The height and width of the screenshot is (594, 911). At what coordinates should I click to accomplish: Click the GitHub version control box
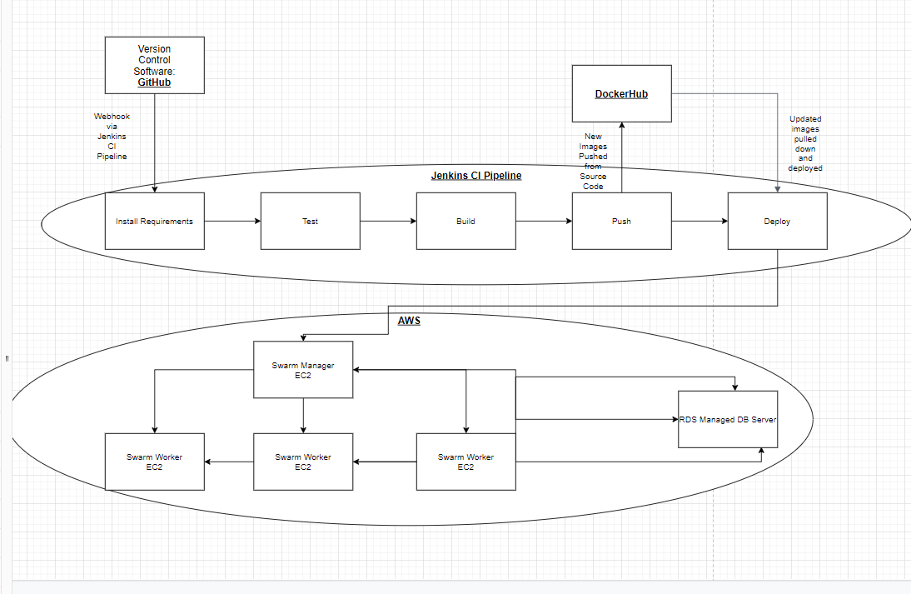point(154,65)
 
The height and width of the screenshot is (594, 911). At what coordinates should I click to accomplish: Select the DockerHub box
point(621,93)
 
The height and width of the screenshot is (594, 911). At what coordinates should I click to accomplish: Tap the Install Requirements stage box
point(154,221)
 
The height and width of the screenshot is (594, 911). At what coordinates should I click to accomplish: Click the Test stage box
point(310,221)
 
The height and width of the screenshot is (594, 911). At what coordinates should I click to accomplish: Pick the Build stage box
point(465,221)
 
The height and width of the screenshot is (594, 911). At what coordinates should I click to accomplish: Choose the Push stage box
point(621,221)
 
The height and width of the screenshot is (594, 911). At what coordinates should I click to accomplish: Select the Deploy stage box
point(777,221)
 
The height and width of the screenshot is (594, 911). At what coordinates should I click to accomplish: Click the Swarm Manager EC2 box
point(303,370)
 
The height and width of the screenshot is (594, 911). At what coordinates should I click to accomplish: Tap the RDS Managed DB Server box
point(728,419)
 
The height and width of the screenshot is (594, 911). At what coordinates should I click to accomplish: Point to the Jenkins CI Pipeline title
point(476,176)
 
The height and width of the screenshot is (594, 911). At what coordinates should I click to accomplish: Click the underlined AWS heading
point(409,321)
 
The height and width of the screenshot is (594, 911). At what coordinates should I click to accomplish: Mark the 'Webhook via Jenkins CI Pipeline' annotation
point(112,137)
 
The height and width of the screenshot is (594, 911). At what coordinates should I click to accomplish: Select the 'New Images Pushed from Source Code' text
point(593,162)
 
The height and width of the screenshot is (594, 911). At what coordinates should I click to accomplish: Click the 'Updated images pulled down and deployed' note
point(805,143)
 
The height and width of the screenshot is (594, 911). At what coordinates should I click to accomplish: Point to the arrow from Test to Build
point(388,221)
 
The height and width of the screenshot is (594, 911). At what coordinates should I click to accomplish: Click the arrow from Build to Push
point(544,221)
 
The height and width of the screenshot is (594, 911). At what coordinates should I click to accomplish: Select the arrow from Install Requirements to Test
point(232,221)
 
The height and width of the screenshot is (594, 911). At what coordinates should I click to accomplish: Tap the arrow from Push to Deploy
point(699,221)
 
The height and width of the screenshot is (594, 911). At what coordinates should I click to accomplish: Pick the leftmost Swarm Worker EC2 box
point(154,462)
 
